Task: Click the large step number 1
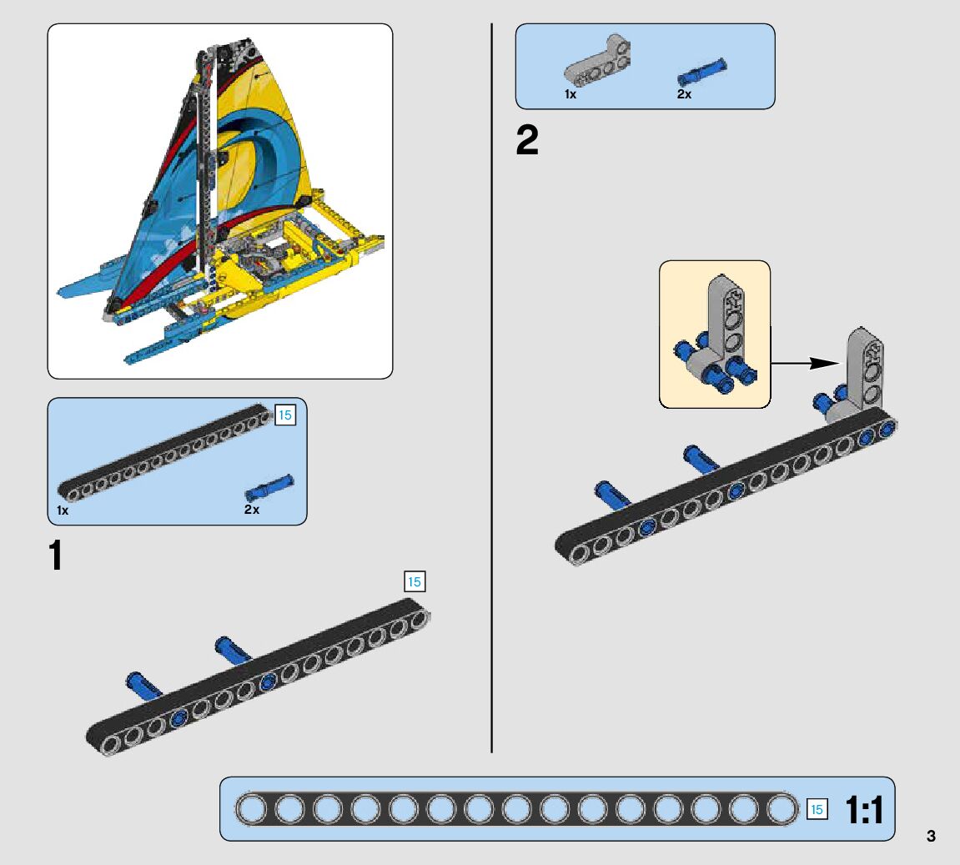(56, 556)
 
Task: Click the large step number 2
(527, 141)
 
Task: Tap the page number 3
(931, 836)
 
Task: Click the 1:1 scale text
(863, 810)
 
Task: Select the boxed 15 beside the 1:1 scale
(817, 809)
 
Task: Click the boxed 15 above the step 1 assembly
(414, 581)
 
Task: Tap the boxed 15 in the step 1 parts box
(285, 415)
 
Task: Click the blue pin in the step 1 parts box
(269, 486)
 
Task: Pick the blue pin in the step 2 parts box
(701, 71)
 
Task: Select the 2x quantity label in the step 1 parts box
(252, 509)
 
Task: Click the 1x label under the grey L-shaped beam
(570, 94)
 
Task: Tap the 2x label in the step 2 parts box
(684, 94)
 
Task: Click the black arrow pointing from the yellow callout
(804, 363)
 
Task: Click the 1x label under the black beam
(63, 509)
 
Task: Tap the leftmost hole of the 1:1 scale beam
(251, 809)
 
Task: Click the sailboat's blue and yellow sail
(250, 167)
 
